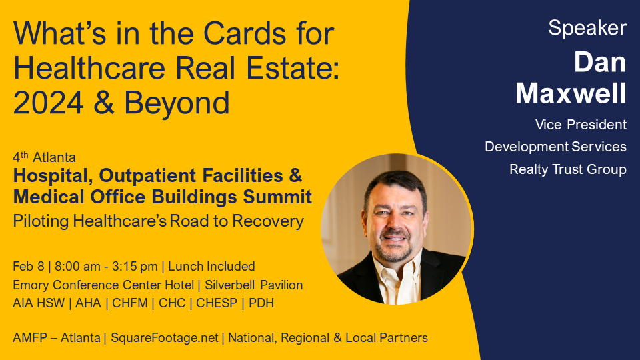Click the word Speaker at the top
(587, 29)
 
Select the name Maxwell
(571, 93)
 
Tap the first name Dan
(600, 63)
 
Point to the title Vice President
(581, 125)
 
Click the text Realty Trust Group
(568, 169)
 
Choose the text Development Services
(555, 147)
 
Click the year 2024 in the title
(48, 103)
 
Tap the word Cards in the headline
(245, 33)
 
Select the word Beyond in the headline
(177, 103)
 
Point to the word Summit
(277, 197)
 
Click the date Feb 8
(28, 266)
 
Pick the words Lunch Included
(211, 266)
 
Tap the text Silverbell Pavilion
(253, 285)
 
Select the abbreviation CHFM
(130, 303)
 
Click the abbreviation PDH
(261, 303)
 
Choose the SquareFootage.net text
(165, 338)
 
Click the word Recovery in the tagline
(268, 221)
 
